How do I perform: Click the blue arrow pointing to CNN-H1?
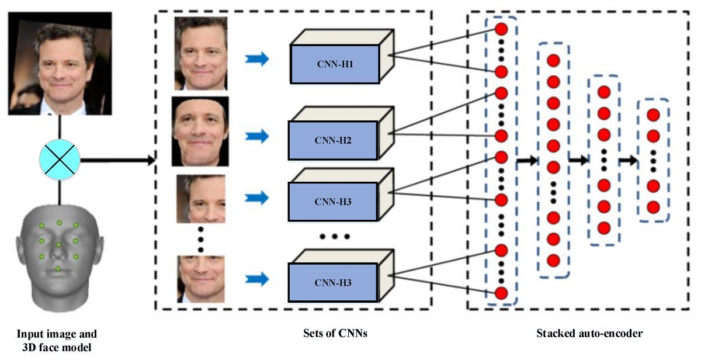[256, 58]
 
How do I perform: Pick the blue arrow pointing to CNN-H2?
[256, 137]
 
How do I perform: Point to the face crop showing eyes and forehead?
[201, 199]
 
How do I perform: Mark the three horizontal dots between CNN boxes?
[334, 237]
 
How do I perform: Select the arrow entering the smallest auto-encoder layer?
[627, 160]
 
